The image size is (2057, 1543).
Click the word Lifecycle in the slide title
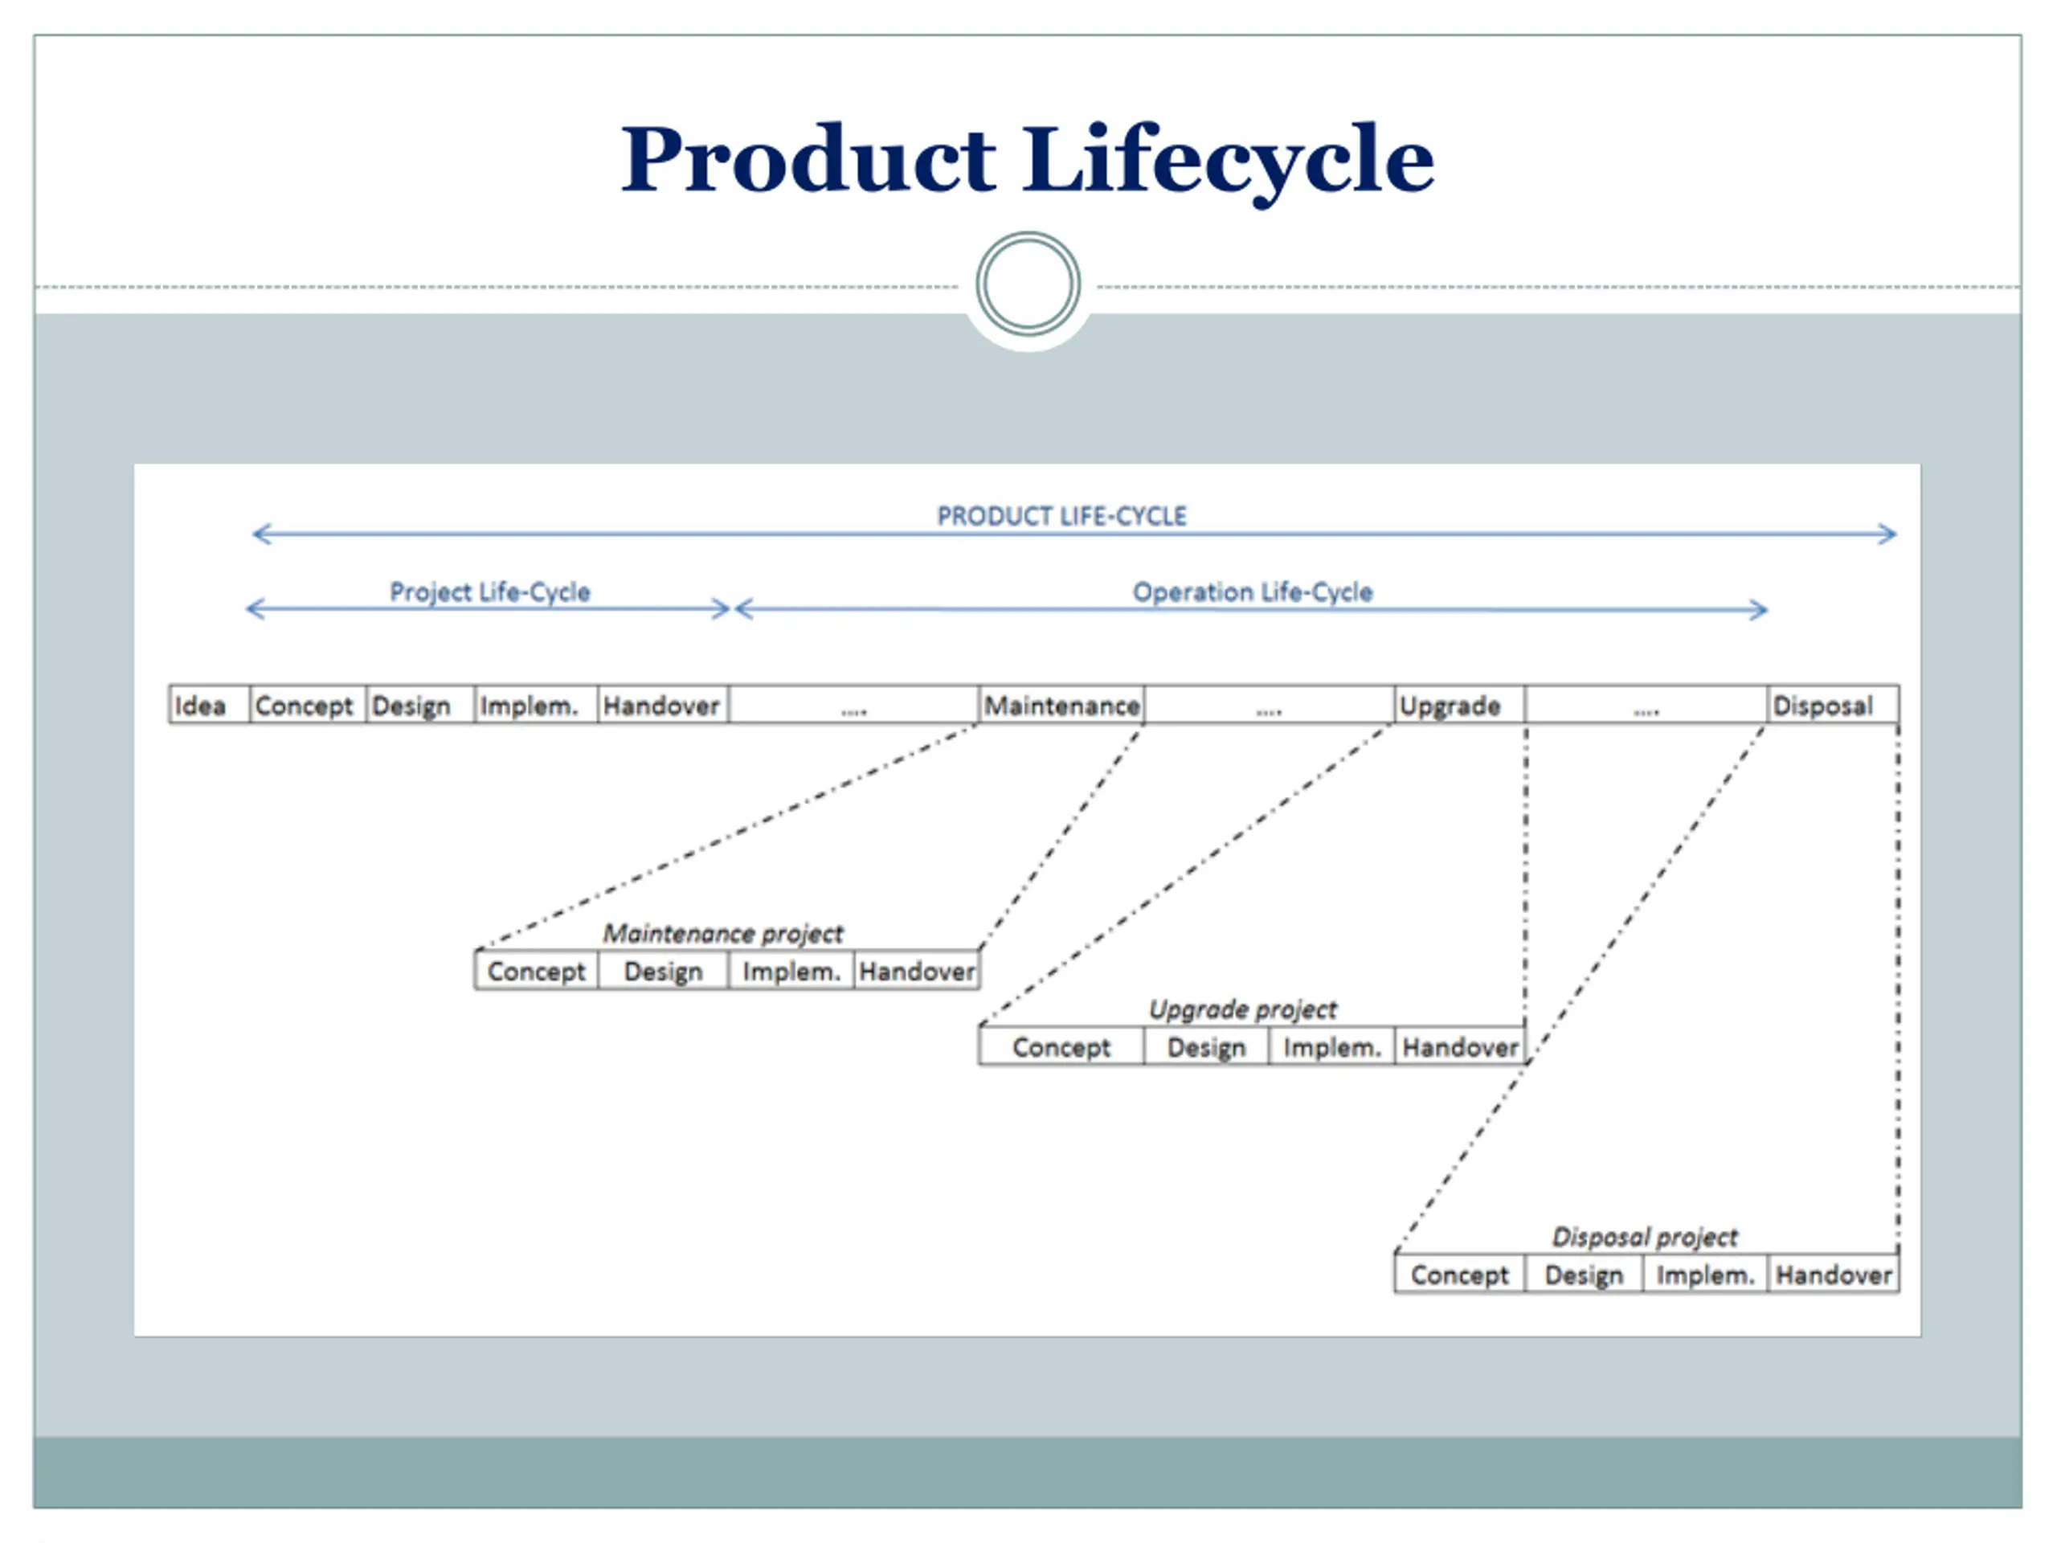1229,163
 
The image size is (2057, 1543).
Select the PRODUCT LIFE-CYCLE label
1061,516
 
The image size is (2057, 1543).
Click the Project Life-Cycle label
489,592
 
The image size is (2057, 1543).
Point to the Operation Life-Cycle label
1252,592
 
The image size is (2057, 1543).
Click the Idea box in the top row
209,705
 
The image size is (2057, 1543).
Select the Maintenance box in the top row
1062,705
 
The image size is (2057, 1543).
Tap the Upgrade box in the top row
1459,705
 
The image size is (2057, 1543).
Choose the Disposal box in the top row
1833,705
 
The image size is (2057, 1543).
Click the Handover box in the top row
663,705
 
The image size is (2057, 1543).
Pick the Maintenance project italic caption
722,933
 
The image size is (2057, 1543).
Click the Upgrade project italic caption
1242,1009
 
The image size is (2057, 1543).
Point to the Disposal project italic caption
1644,1237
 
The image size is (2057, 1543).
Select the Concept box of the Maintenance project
537,971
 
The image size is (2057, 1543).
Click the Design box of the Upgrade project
1206,1047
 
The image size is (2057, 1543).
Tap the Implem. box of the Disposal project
1706,1275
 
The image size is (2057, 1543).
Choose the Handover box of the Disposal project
1834,1275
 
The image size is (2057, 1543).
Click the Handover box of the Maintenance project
917,971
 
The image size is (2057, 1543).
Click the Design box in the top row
420,705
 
